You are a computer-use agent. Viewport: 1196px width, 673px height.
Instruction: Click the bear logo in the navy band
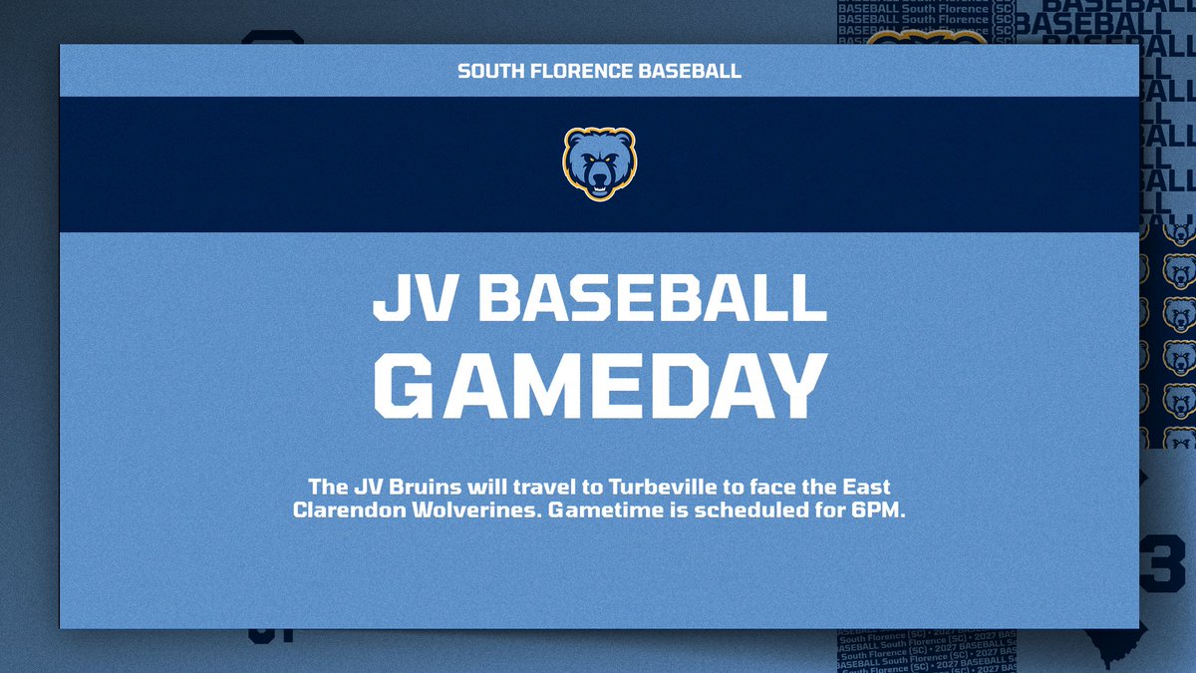click(x=599, y=164)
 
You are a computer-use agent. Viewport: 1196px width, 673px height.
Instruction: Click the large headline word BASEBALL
click(x=653, y=296)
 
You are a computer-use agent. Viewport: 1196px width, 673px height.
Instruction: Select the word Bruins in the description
click(x=415, y=489)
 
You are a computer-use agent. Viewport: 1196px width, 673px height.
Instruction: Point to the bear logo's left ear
click(x=573, y=139)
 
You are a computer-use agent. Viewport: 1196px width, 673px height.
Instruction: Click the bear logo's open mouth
click(x=599, y=185)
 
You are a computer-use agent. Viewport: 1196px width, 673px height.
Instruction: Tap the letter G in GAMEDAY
click(x=411, y=384)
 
